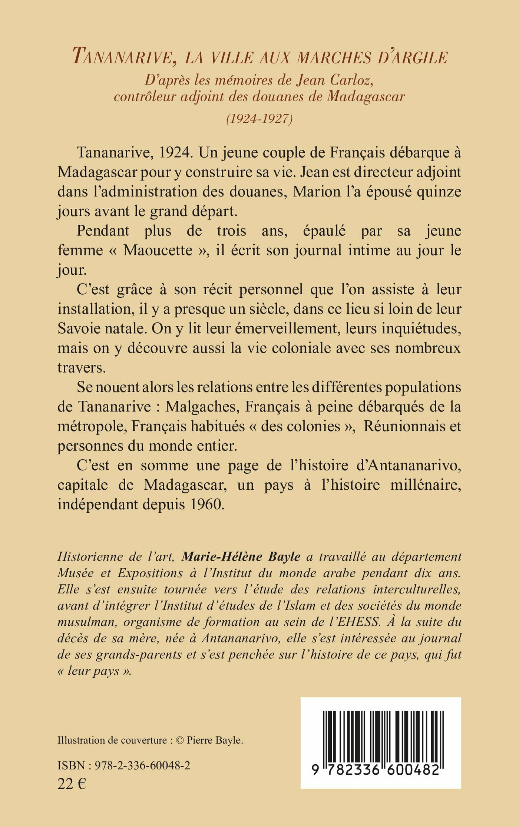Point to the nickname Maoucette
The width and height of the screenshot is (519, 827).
[x=158, y=250]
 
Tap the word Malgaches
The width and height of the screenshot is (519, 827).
[x=201, y=407]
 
